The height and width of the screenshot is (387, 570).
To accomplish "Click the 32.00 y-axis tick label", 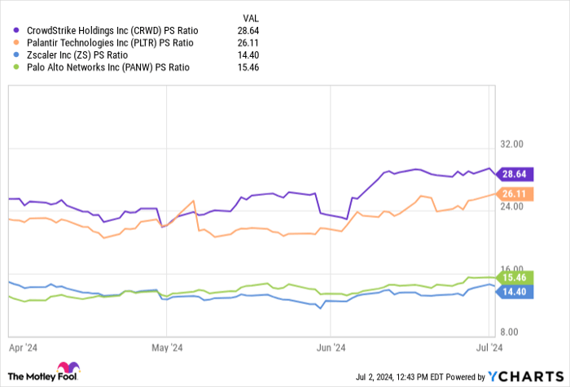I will tap(533, 144).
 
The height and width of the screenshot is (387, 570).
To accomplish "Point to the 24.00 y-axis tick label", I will tap(533, 207).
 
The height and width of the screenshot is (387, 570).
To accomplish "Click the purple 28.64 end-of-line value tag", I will tap(515, 174).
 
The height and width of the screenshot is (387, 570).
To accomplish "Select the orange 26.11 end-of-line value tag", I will tap(515, 193).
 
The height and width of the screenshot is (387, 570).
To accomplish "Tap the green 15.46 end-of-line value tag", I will tap(515, 277).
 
